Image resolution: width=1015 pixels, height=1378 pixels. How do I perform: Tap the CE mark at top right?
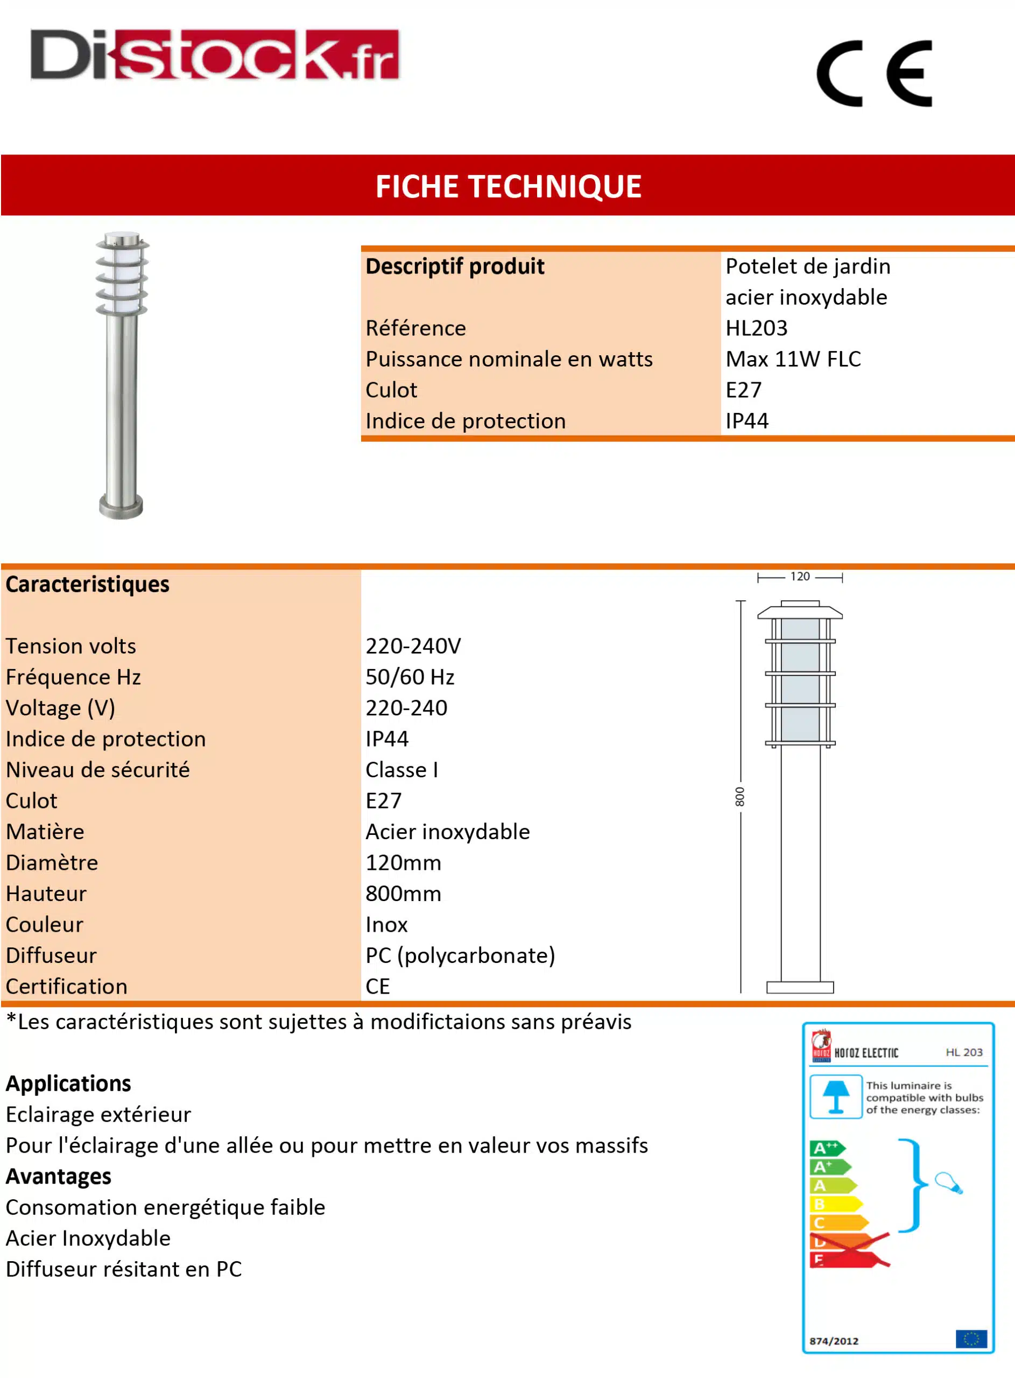[x=873, y=74]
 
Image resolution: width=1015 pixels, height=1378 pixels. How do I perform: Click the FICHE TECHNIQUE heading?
[x=508, y=186]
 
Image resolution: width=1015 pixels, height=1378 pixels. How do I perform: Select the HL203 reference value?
[x=756, y=328]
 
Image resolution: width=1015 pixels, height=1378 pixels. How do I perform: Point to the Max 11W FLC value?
[x=793, y=359]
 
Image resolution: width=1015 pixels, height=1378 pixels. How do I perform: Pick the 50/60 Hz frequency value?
[x=409, y=677]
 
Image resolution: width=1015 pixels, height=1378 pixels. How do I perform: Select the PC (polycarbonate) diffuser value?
[x=460, y=955]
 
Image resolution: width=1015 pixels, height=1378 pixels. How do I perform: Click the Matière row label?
[x=45, y=832]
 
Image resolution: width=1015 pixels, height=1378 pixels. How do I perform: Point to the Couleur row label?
[x=44, y=925]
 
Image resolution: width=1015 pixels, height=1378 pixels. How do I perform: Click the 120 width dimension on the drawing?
[x=799, y=576]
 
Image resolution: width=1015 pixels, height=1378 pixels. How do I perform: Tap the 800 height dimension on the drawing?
[x=740, y=797]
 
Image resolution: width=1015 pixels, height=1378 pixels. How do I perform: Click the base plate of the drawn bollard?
[x=799, y=987]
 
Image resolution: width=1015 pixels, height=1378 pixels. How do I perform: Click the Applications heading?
[x=68, y=1083]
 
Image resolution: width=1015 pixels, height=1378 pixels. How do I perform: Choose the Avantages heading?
[x=58, y=1176]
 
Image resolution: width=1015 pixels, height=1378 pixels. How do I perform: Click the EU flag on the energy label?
[x=971, y=1338]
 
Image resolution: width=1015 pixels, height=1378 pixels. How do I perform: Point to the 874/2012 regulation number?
[x=833, y=1340]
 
